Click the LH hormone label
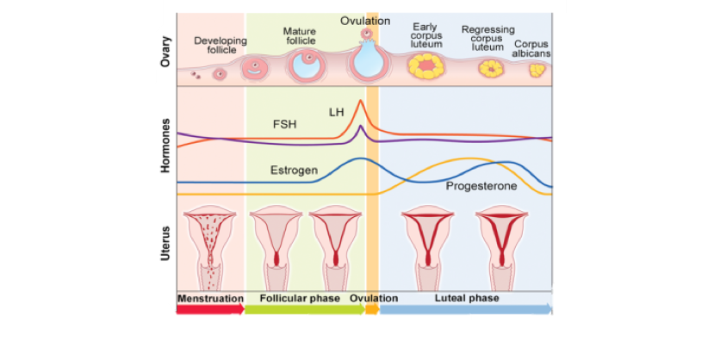[336, 112]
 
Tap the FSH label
[285, 124]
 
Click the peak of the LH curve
[361, 102]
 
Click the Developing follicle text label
[220, 45]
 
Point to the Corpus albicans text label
[532, 49]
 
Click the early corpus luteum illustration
[425, 65]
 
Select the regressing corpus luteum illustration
[490, 67]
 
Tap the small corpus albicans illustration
[536, 70]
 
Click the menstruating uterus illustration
[208, 245]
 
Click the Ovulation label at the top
[365, 21]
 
